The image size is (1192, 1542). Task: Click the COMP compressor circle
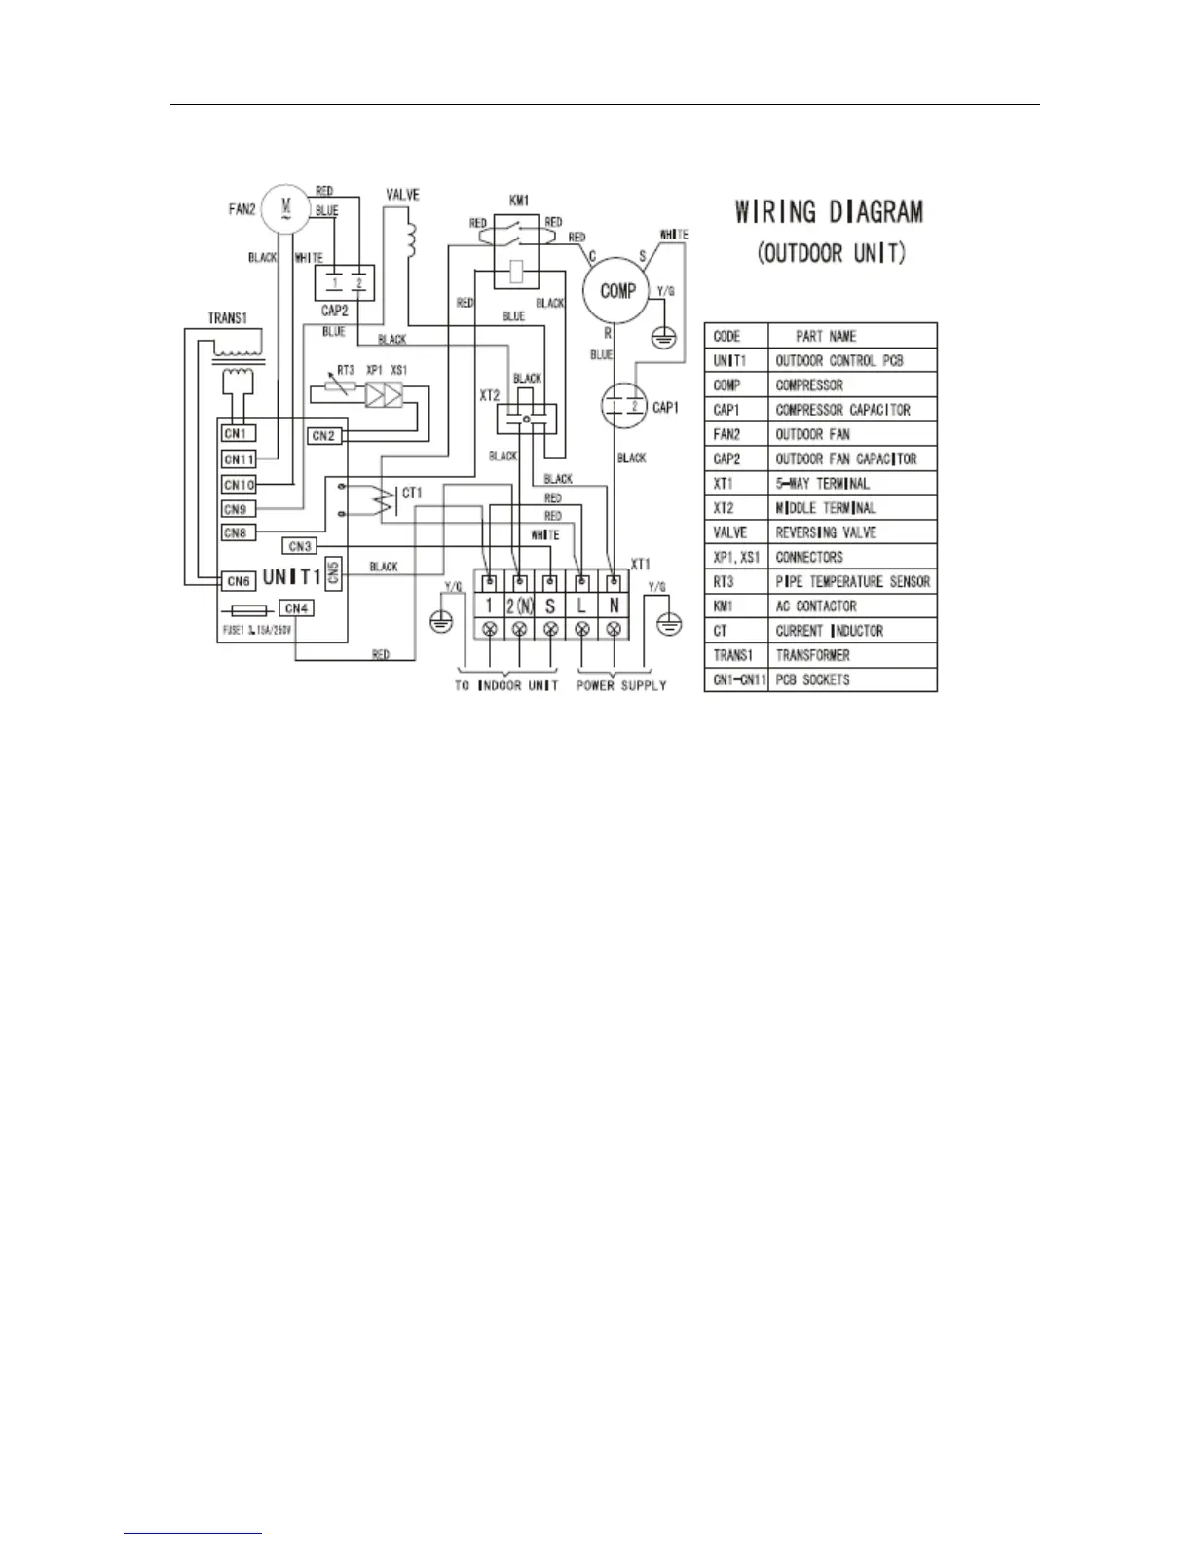(617, 291)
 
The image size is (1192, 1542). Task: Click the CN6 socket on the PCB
(239, 581)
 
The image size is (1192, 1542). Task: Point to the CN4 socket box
(295, 608)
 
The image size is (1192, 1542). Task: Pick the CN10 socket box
(239, 485)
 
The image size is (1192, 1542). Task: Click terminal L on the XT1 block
(581, 606)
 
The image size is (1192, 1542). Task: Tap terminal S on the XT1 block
(550, 606)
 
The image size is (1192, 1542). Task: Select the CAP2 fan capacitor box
(344, 283)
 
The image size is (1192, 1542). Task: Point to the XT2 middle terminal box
(526, 419)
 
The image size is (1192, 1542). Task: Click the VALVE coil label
(402, 196)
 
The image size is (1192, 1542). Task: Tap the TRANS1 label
(227, 318)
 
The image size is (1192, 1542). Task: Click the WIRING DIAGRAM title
(829, 212)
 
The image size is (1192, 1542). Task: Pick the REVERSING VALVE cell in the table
(826, 532)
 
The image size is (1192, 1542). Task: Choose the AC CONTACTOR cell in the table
(816, 606)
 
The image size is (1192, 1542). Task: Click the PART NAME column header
(826, 336)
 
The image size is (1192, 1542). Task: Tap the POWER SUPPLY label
(621, 685)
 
